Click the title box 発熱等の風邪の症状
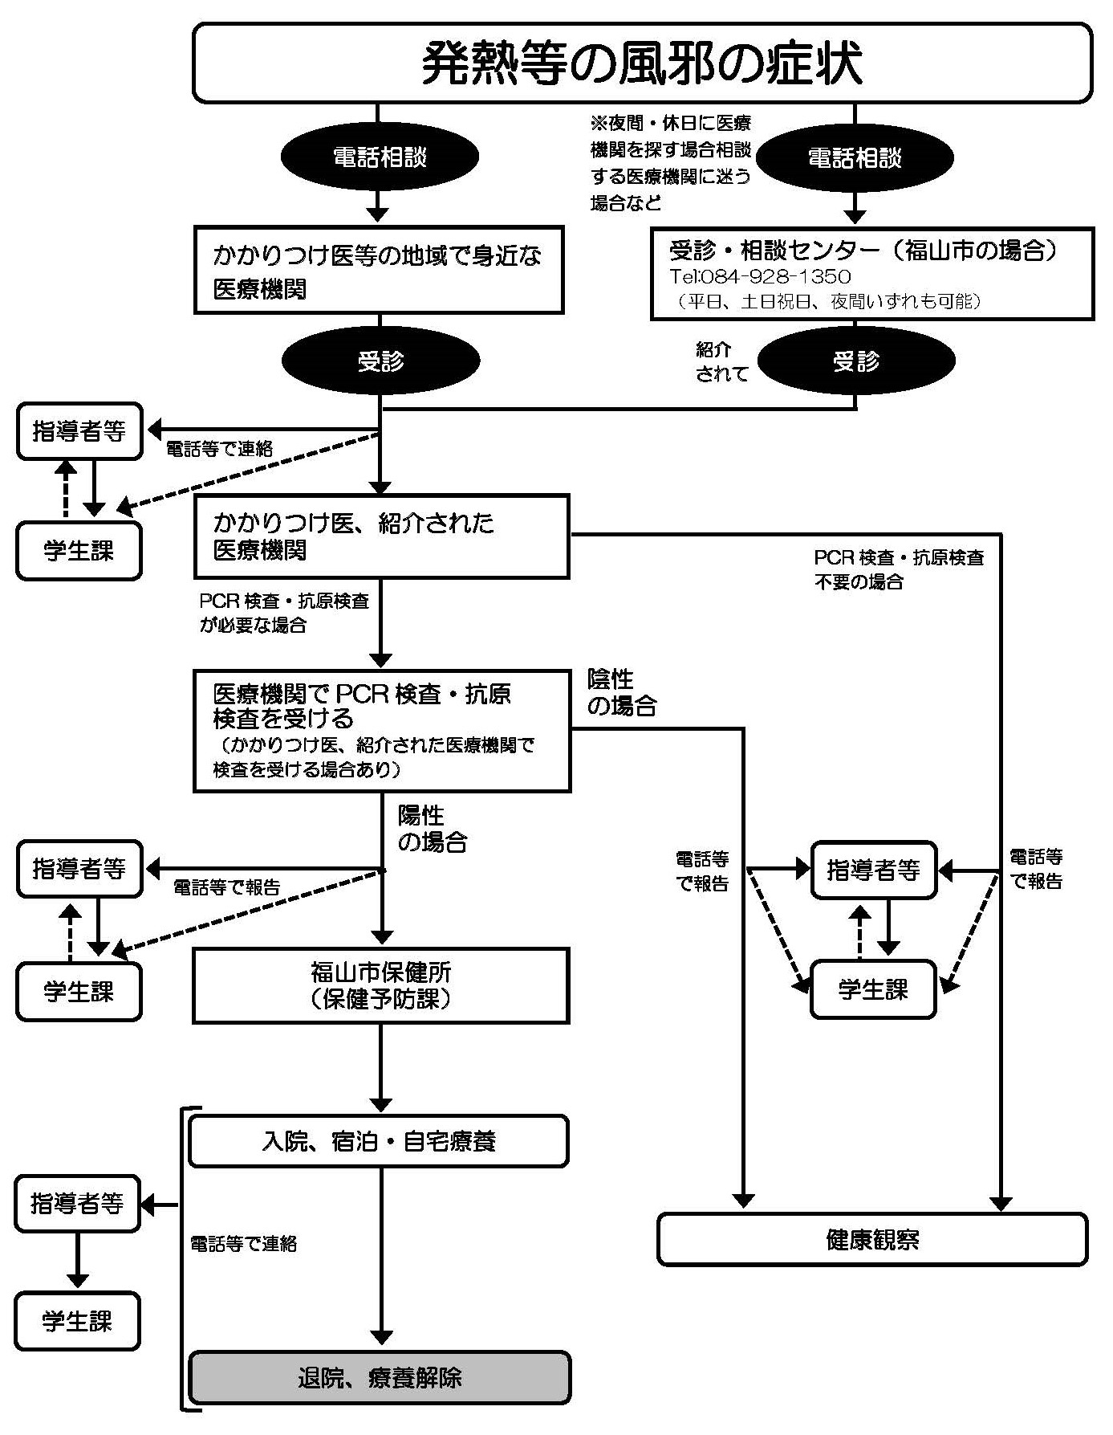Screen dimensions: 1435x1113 click(642, 63)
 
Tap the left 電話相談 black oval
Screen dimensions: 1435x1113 click(380, 157)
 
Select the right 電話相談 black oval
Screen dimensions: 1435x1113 click(855, 158)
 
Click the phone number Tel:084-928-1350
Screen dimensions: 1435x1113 click(760, 277)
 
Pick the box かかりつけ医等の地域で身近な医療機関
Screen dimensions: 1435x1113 click(379, 270)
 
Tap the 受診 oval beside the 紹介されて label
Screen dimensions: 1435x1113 click(855, 361)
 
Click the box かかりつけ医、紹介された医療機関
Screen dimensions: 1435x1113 click(381, 536)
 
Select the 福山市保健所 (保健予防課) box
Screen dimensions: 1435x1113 click(381, 985)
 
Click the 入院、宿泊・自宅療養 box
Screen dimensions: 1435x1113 click(379, 1141)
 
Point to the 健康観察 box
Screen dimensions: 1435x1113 click(872, 1240)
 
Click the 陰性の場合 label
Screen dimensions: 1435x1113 click(622, 692)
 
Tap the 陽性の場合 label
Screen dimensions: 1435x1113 click(433, 829)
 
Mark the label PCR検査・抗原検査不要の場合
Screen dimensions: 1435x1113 click(899, 569)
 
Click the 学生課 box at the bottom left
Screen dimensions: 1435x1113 click(78, 1322)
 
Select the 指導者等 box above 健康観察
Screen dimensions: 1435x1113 click(874, 870)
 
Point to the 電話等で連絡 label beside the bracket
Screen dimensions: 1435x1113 click(243, 1244)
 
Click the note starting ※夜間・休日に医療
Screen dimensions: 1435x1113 click(671, 164)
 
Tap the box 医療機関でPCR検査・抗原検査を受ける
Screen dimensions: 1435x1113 click(381, 731)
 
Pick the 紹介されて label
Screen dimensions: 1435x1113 click(721, 362)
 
